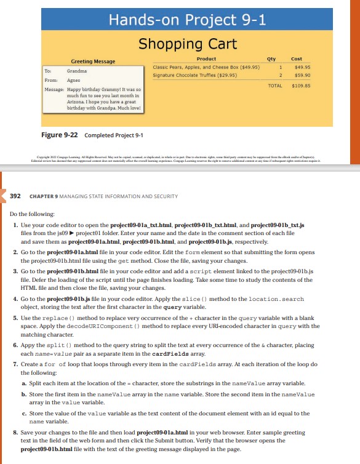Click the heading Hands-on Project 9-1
pos(187,20)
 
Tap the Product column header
pos(206,58)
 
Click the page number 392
pos(15,196)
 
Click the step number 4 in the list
pos(15,298)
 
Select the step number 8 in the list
pos(15,433)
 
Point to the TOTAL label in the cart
pos(274,86)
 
